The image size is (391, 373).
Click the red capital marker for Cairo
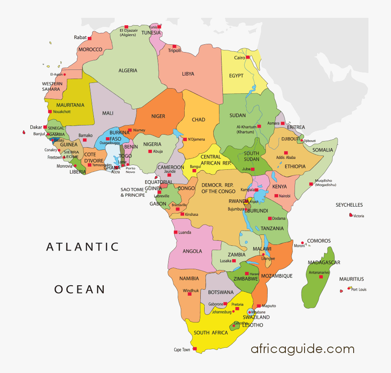pyautogui.click(x=248, y=57)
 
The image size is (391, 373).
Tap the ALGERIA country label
pyautogui.click(x=128, y=70)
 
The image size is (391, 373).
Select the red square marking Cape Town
pyautogui.click(x=195, y=348)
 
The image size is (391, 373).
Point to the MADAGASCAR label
pyautogui.click(x=324, y=262)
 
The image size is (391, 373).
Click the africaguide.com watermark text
pyautogui.click(x=302, y=349)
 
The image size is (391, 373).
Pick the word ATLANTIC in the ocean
pyautogui.click(x=83, y=247)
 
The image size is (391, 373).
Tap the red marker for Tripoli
pyautogui.click(x=174, y=46)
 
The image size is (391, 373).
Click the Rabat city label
pyautogui.click(x=80, y=38)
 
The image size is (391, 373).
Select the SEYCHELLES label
pyautogui.click(x=349, y=205)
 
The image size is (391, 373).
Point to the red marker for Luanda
pyautogui.click(x=176, y=232)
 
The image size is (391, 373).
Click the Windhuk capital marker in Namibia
pyautogui.click(x=189, y=294)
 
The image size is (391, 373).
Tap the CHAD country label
pyautogui.click(x=198, y=120)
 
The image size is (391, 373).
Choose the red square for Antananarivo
pyautogui.click(x=321, y=277)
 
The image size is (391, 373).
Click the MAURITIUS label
pyautogui.click(x=351, y=279)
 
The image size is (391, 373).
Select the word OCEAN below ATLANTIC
pyautogui.click(x=80, y=289)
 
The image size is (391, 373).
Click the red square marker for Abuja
pyautogui.click(x=150, y=152)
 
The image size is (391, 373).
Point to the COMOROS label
pyautogui.click(x=319, y=241)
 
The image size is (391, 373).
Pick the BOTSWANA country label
pyautogui.click(x=221, y=292)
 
